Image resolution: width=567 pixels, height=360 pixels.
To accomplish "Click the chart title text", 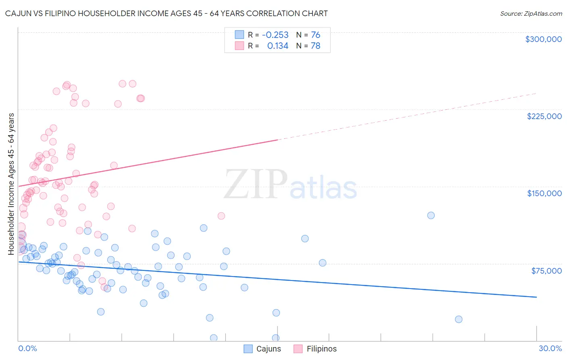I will coord(166,13).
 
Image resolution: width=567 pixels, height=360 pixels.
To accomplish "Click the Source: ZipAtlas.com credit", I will coord(531,13).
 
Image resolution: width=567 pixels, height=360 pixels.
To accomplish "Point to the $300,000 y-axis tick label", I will coord(543,39).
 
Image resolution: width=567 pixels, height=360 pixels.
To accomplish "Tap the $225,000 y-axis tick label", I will coord(544,116).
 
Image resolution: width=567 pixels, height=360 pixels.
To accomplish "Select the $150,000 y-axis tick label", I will coord(544,193).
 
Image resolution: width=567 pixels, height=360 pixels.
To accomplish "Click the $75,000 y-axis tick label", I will coord(546,271).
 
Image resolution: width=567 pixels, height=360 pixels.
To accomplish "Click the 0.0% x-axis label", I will coord(27,348).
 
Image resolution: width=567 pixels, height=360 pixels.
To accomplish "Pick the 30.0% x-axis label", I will coord(550,348).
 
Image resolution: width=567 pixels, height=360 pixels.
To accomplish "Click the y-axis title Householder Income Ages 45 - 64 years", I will coord(11,184).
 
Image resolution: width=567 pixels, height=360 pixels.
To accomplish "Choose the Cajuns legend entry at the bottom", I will coord(263,349).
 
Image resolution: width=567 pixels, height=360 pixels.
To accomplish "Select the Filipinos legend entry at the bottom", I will coord(315,349).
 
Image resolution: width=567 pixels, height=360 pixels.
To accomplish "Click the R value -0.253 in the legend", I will coord(275,35).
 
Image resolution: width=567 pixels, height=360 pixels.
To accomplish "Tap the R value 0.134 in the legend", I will coord(277,46).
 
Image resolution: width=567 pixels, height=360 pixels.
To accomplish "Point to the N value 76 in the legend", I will coord(315,35).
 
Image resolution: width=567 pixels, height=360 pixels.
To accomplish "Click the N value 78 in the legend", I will coord(315,46).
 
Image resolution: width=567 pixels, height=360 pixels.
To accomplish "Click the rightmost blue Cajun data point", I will coord(459,319).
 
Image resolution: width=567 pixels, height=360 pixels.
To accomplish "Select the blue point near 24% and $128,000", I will coord(431,216).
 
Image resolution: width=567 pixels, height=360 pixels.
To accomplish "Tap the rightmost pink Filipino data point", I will coord(221,216).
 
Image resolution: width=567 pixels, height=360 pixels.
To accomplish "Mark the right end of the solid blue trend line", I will coord(536,297).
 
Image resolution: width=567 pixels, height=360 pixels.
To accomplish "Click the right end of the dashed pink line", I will coord(536,93).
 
